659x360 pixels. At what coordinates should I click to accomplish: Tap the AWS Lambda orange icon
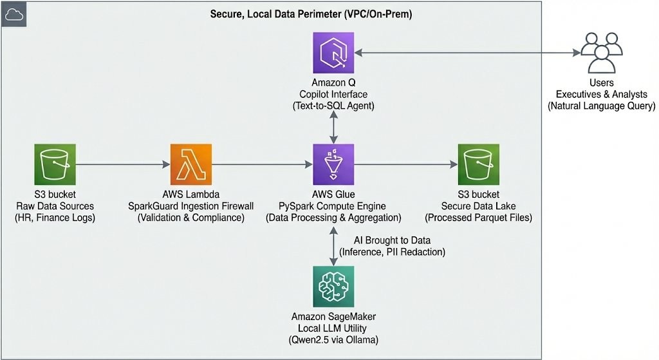pyautogui.click(x=191, y=165)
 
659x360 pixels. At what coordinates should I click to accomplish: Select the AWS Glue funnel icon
pyautogui.click(x=333, y=165)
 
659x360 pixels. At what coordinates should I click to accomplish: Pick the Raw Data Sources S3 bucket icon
pyautogui.click(x=55, y=165)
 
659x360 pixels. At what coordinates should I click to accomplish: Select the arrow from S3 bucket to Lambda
pyautogui.click(x=122, y=166)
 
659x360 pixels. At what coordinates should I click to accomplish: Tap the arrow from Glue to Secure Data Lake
pyautogui.click(x=405, y=166)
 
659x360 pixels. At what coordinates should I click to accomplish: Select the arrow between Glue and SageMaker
pyautogui.click(x=333, y=245)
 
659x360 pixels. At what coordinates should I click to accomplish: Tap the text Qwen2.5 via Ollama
pyautogui.click(x=333, y=339)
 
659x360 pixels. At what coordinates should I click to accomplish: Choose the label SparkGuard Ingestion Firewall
pyautogui.click(x=191, y=206)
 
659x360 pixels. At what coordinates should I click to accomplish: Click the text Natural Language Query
pyautogui.click(x=601, y=106)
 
